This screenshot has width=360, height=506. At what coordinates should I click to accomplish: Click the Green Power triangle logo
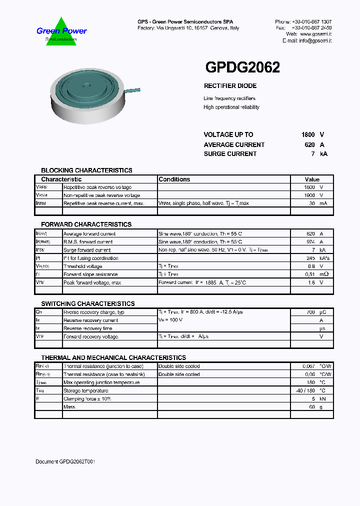61,32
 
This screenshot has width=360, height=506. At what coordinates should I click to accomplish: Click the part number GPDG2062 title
242,67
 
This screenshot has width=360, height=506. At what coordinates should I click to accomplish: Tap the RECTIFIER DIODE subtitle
230,86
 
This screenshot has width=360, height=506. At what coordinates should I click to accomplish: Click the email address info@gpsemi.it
315,40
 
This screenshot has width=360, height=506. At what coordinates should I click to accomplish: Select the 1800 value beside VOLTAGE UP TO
308,134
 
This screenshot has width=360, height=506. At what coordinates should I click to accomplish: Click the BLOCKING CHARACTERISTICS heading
86,170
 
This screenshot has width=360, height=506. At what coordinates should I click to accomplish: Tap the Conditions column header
174,179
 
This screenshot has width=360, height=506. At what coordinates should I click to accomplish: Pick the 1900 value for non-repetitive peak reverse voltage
309,195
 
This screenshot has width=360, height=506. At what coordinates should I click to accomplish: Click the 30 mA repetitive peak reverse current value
312,203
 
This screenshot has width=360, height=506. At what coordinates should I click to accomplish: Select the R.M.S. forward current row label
88,242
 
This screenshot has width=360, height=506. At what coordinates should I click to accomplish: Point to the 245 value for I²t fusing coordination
311,258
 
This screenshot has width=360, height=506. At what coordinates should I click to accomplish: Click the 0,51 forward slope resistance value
309,274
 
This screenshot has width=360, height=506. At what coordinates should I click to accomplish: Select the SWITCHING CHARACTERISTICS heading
87,304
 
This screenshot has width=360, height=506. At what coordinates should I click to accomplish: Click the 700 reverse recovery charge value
311,312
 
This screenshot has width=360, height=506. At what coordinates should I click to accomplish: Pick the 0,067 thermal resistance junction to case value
309,366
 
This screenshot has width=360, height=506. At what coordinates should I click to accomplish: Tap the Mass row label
69,407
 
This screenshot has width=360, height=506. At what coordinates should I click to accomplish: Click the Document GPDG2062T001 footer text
65,461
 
